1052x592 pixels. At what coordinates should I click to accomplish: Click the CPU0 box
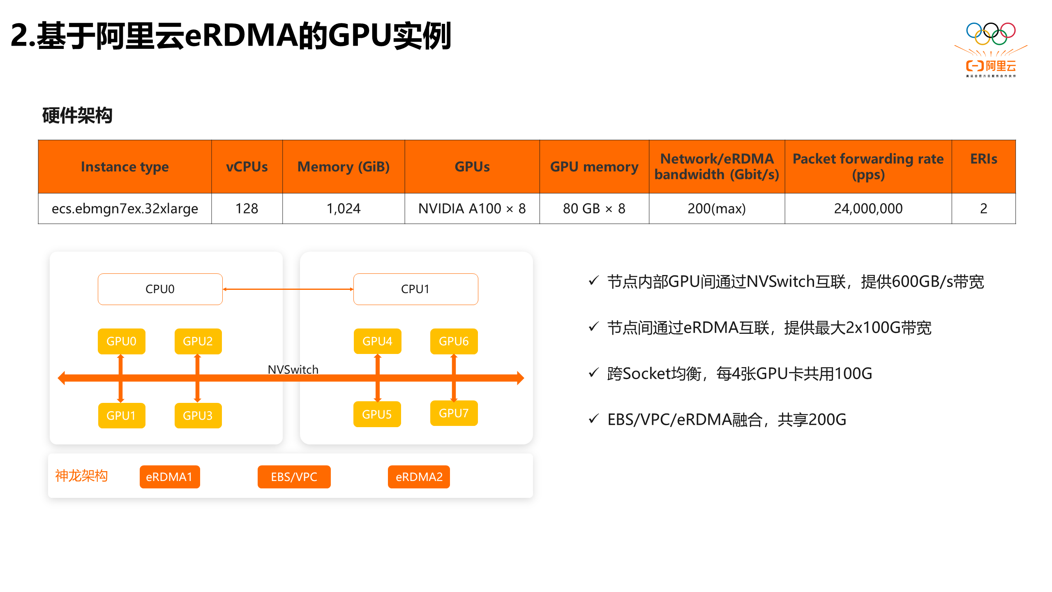(160, 289)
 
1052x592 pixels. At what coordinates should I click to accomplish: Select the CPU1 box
(415, 289)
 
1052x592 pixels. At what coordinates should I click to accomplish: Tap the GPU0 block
(121, 341)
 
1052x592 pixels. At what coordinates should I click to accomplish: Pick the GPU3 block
(198, 416)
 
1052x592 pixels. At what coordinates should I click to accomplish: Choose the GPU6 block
(454, 341)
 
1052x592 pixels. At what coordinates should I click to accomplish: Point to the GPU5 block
(377, 414)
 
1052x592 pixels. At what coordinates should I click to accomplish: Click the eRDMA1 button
(169, 477)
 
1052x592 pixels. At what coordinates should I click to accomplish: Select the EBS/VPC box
(294, 477)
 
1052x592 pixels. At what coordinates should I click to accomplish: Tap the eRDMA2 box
(419, 477)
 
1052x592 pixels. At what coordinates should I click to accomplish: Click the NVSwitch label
(293, 370)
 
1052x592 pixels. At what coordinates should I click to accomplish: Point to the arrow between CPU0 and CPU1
(288, 289)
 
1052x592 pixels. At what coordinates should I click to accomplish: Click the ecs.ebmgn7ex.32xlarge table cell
(125, 209)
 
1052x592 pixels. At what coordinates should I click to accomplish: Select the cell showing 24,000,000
(868, 209)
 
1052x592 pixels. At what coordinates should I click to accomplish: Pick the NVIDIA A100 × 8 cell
(472, 209)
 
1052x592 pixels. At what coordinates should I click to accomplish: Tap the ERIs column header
(983, 159)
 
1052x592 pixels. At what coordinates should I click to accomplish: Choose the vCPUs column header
(247, 167)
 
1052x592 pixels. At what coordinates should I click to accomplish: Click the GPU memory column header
(594, 167)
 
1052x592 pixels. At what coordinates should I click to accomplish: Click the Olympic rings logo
(991, 33)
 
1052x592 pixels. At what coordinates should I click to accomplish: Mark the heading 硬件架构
(77, 116)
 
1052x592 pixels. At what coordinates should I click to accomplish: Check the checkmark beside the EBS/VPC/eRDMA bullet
(593, 419)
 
